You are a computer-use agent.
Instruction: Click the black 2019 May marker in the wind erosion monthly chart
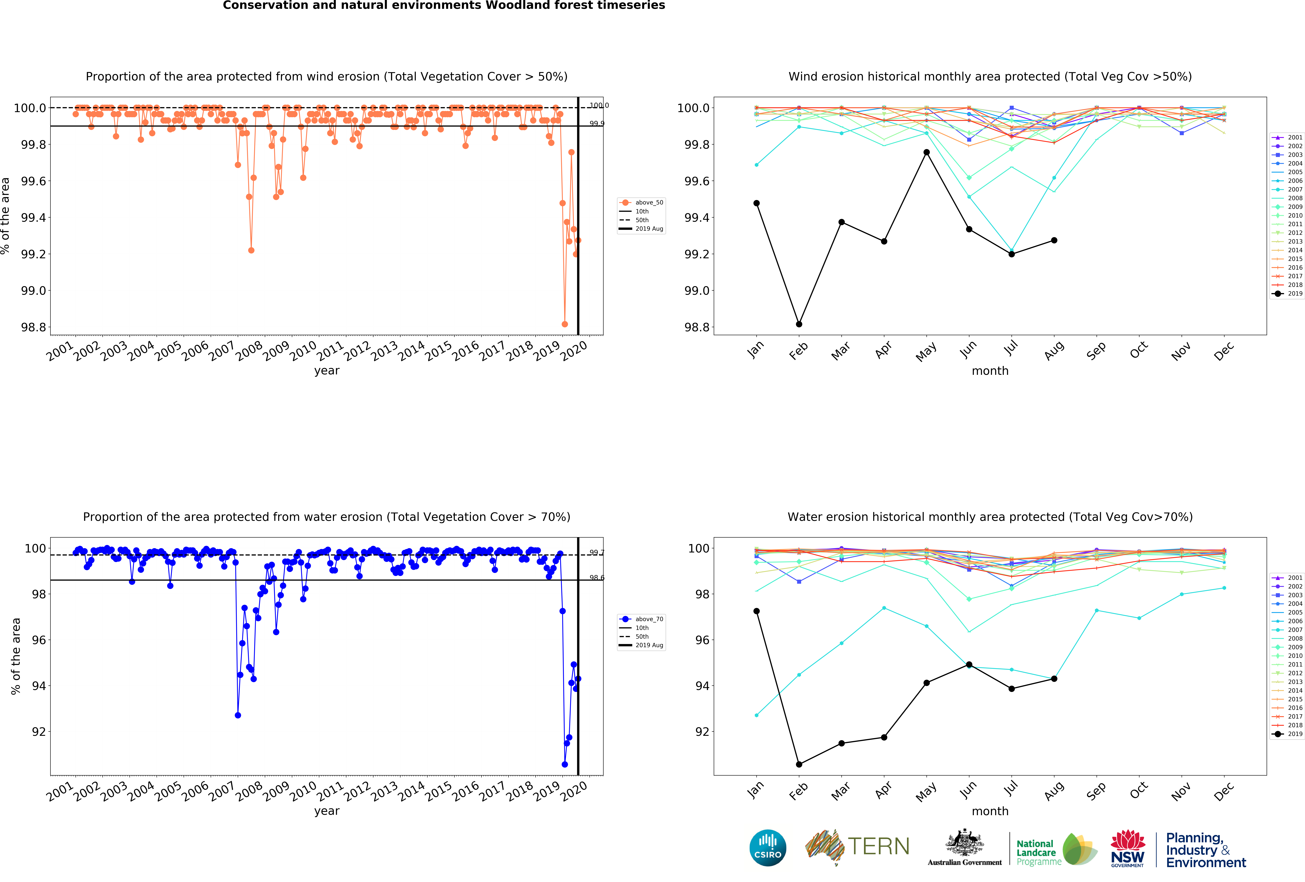(926, 152)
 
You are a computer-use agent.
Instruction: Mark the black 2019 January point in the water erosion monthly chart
(756, 611)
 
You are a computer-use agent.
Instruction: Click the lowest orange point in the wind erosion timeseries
(564, 324)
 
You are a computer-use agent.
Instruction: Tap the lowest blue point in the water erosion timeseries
(564, 764)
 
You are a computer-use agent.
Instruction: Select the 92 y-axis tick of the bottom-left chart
(38, 732)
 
